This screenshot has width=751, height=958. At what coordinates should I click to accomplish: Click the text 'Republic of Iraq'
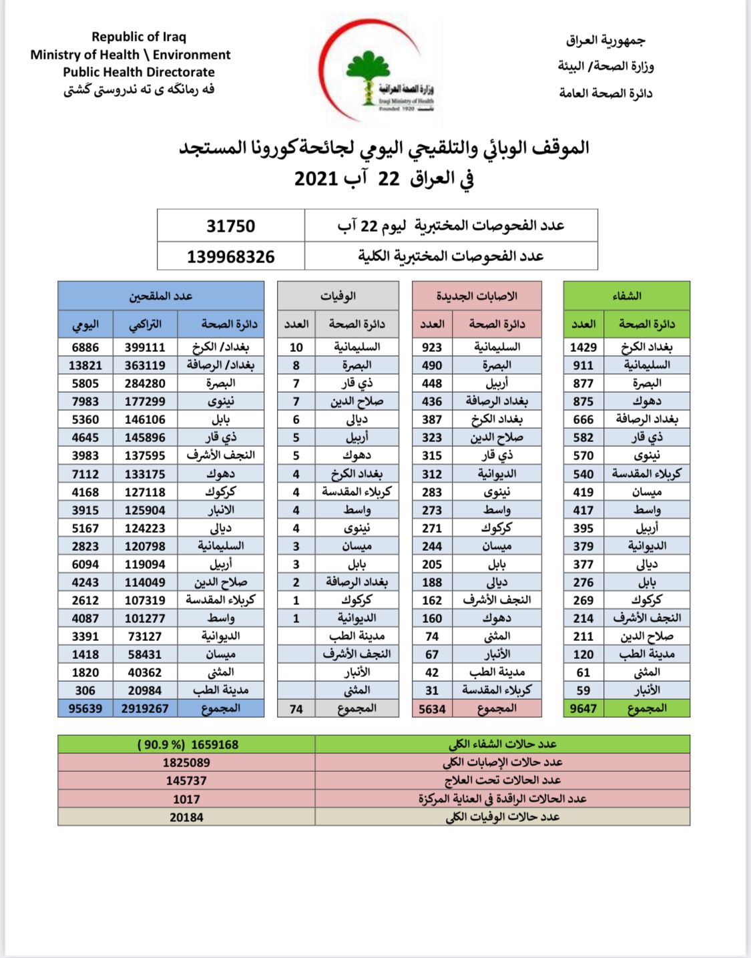[x=139, y=37]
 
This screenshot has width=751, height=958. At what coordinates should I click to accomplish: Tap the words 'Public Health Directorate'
[x=139, y=72]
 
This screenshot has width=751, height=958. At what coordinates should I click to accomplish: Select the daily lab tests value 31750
[x=230, y=226]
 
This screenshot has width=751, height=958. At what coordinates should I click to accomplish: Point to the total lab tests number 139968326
[x=230, y=256]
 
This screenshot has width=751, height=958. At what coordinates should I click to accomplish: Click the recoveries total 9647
[x=583, y=708]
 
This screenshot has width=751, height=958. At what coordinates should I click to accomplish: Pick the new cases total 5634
[x=432, y=709]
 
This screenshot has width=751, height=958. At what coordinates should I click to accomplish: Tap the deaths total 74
[x=296, y=709]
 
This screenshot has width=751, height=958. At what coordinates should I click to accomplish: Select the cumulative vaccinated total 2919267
[x=145, y=708]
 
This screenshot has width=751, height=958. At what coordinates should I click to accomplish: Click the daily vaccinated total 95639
[x=85, y=708]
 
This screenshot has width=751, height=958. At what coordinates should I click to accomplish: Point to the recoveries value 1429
[x=583, y=347]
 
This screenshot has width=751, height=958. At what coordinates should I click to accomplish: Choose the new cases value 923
[x=432, y=347]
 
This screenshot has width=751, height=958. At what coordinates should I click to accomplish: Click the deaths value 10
[x=296, y=347]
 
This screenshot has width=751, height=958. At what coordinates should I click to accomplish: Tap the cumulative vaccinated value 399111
[x=145, y=347]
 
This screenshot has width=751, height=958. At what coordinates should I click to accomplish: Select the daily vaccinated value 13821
[x=85, y=365]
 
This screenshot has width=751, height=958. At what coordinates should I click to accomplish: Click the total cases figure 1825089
[x=186, y=762]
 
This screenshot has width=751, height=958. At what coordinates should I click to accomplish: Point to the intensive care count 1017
[x=186, y=799]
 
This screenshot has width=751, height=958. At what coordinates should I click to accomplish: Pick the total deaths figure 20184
[x=186, y=817]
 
